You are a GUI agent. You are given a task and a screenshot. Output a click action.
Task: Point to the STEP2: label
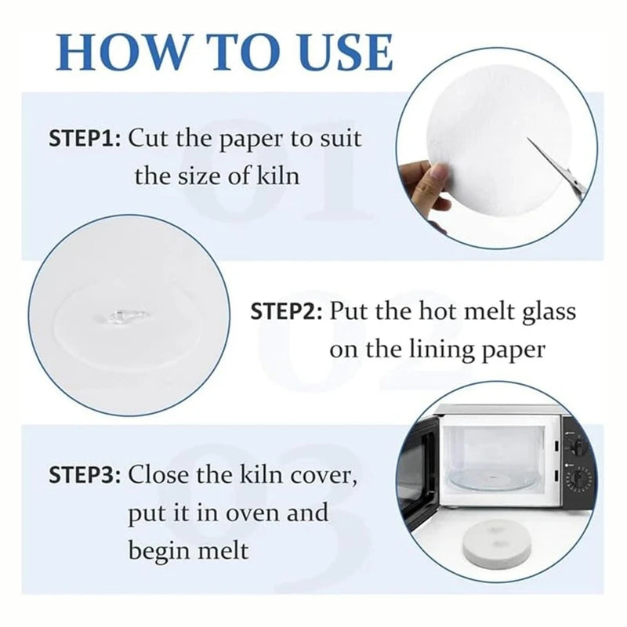click(x=286, y=311)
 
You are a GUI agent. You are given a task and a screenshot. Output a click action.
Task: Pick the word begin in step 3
click(x=162, y=551)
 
